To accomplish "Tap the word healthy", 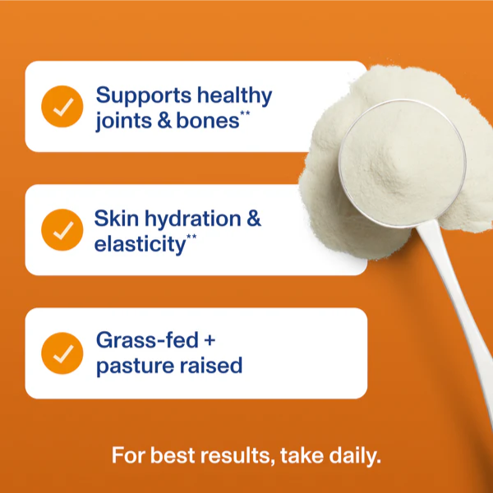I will click(x=235, y=95).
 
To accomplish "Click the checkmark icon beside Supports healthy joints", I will click(x=62, y=107).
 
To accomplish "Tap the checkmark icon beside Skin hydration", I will click(x=62, y=231).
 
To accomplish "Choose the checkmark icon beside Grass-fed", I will click(x=62, y=353).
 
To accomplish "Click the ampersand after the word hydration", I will click(x=255, y=219).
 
